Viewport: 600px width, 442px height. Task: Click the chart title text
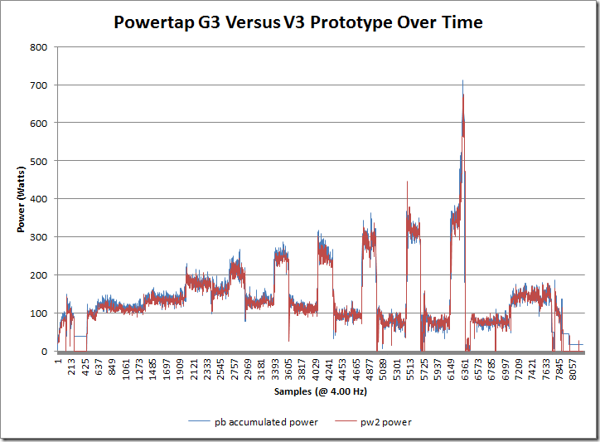(x=298, y=23)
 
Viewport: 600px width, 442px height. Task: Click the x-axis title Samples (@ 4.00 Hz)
(x=318, y=390)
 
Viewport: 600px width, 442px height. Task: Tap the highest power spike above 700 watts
(x=462, y=81)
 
